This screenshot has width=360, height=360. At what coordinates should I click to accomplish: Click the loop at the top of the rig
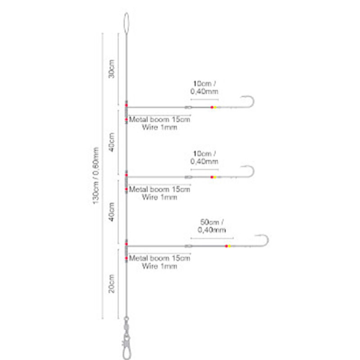click(126, 23)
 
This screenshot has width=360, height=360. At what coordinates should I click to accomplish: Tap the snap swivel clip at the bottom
click(126, 344)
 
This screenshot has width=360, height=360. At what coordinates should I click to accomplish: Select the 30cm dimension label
click(111, 69)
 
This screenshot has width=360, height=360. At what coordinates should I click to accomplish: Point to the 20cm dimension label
click(111, 283)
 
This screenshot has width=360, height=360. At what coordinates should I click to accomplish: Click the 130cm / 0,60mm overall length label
click(96, 175)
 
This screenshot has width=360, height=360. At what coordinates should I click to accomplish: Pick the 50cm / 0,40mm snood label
click(211, 226)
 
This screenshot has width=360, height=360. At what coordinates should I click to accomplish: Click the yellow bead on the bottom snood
click(229, 246)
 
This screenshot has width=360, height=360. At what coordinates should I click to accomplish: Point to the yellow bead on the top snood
click(215, 107)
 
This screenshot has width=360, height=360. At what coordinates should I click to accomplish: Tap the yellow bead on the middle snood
click(215, 177)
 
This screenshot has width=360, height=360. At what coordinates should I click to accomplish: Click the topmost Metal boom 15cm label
click(160, 119)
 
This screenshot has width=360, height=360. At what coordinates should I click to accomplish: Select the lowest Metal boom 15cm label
click(160, 258)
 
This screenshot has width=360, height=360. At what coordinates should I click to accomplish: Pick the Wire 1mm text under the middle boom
click(160, 197)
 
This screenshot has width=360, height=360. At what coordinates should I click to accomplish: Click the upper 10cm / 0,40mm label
click(204, 87)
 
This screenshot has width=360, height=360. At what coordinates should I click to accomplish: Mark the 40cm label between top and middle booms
click(111, 142)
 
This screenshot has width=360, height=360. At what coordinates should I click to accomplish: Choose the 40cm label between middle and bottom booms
click(111, 212)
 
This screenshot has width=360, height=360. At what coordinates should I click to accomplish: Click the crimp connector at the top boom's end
click(188, 107)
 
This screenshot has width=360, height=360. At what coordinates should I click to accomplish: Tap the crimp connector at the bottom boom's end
click(188, 246)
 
